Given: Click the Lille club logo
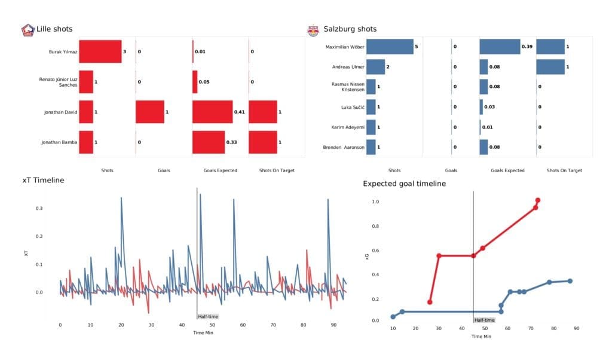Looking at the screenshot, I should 27,29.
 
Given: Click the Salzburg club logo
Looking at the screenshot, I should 313,29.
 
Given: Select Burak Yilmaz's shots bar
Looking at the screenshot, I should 100,52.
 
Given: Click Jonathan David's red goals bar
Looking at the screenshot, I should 149,112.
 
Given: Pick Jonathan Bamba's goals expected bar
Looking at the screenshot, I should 208,142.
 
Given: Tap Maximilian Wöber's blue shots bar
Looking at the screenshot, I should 390,47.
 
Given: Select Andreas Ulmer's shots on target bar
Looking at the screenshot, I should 550,66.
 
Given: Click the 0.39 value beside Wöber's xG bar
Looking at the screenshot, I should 527,47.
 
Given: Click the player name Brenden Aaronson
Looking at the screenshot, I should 343,147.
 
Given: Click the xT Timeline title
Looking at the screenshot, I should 43,180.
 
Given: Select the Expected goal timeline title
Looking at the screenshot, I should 404,184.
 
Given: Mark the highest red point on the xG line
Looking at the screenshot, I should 538,200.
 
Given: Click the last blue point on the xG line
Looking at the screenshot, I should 570,281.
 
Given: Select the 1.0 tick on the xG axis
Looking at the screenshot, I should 376,202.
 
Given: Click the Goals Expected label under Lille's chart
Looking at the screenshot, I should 220,170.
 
